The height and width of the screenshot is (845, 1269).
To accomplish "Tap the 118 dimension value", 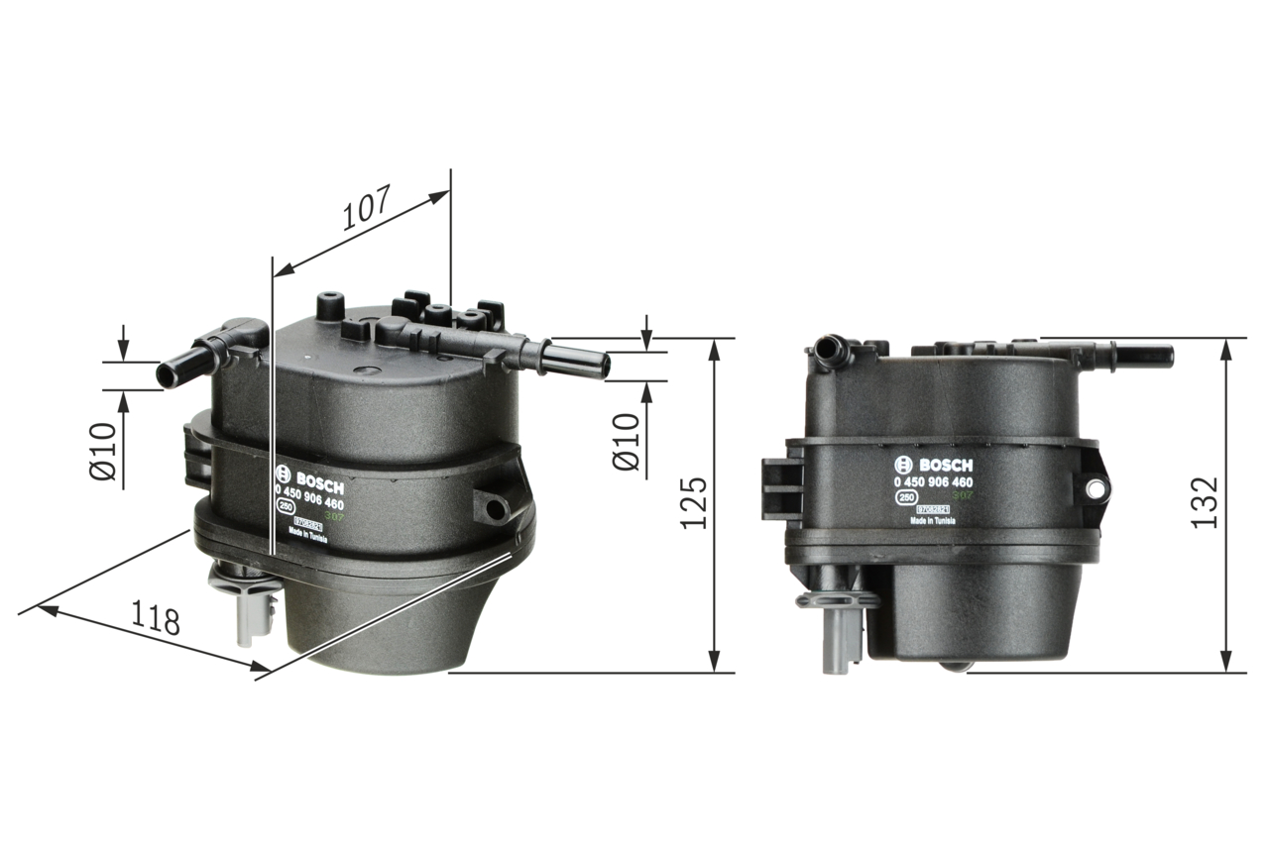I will (x=156, y=620).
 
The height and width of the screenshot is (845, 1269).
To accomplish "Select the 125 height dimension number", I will (x=694, y=502).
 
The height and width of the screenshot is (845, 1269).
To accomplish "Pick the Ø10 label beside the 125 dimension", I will (x=628, y=442).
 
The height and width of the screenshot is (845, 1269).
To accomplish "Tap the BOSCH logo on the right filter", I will (x=934, y=465).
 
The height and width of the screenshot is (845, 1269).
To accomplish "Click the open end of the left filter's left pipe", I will (x=165, y=375).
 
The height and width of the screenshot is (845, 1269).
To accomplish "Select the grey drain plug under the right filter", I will (x=837, y=634).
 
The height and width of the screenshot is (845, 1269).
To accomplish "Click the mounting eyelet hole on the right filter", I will (x=1095, y=488).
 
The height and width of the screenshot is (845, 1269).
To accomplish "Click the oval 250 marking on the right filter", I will (x=905, y=499).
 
